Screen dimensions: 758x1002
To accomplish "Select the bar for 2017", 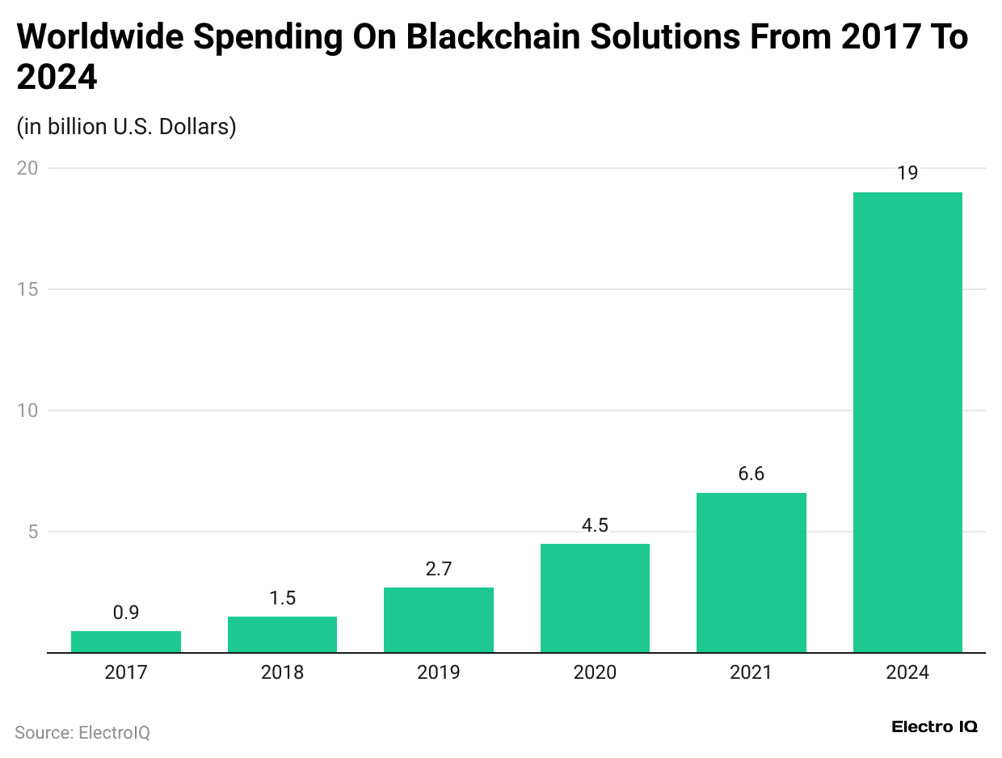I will (x=125, y=642).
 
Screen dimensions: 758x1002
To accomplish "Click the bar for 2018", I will (x=282, y=634).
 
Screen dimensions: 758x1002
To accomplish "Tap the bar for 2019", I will (x=438, y=620).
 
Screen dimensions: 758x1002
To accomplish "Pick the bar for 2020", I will (x=595, y=598).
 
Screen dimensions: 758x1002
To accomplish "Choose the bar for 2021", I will (x=751, y=572).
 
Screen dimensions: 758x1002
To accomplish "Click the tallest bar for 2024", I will (x=907, y=422).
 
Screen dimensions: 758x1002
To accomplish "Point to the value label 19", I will (x=907, y=173).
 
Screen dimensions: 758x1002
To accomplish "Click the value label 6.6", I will (x=751, y=474).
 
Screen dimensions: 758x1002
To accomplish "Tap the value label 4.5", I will (x=595, y=525).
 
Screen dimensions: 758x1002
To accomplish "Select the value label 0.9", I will (x=125, y=613).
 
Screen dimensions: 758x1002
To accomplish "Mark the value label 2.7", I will (x=438, y=569).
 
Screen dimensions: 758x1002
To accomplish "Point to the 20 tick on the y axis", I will (x=28, y=168).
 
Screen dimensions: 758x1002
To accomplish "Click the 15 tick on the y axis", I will (x=28, y=289).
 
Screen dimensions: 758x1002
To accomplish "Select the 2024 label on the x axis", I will (x=907, y=672).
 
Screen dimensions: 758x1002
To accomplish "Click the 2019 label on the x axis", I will (x=438, y=672).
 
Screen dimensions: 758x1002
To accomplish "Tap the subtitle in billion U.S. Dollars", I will (x=126, y=127).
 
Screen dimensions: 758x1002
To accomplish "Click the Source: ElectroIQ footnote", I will (x=82, y=733).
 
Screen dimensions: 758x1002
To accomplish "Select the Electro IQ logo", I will (x=934, y=726).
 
